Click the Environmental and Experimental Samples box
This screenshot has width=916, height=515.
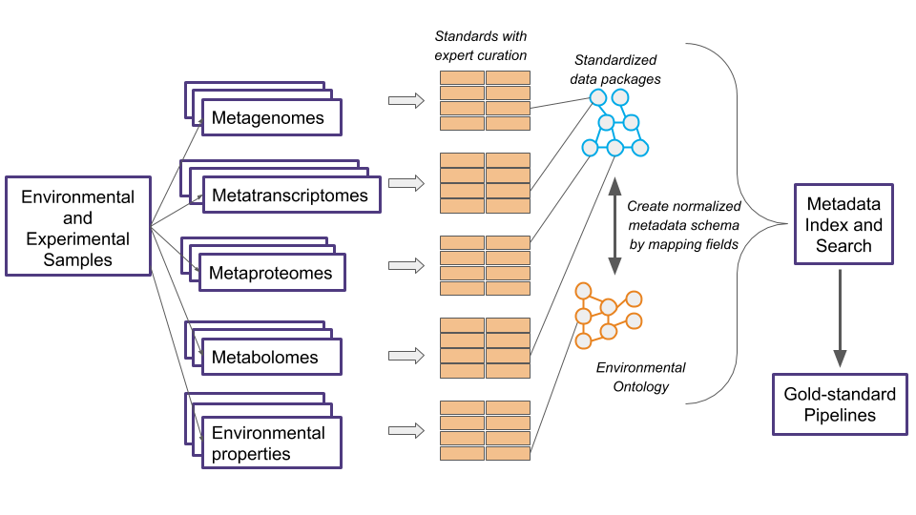[x=78, y=226]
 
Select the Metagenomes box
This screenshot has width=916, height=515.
[x=271, y=118]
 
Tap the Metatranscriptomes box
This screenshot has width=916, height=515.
[x=290, y=196]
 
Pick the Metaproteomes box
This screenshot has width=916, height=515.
[x=272, y=273]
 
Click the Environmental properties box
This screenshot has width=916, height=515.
[x=271, y=443]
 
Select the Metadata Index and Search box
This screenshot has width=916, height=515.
[x=843, y=225]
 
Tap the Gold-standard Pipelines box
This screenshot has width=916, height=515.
[x=840, y=404]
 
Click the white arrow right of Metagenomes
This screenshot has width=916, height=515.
[x=406, y=100]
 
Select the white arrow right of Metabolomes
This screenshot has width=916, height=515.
[x=406, y=356]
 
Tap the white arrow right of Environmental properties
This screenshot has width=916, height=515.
[x=406, y=430]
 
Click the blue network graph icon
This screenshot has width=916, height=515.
[x=615, y=124]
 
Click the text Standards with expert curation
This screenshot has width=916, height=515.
[x=480, y=46]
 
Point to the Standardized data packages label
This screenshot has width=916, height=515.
[x=615, y=70]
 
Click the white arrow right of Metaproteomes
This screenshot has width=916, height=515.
[x=406, y=265]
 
